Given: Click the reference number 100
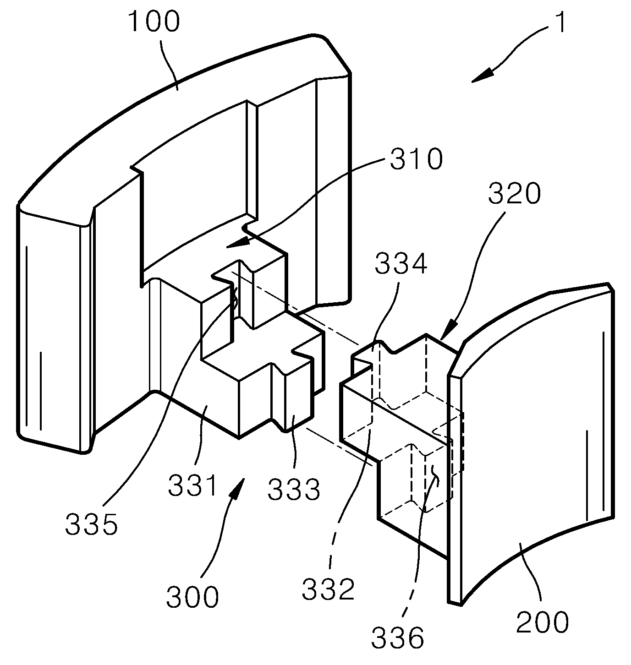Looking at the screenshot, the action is [154, 22].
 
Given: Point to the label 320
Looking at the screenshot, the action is [514, 193].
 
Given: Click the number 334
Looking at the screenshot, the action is [401, 264].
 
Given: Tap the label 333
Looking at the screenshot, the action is [294, 490].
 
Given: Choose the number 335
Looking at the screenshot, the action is [91, 524].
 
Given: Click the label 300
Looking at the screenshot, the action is [192, 597].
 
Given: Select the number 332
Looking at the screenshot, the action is [328, 589].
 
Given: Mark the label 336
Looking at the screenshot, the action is [397, 638].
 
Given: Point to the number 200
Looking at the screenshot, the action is [542, 622].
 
